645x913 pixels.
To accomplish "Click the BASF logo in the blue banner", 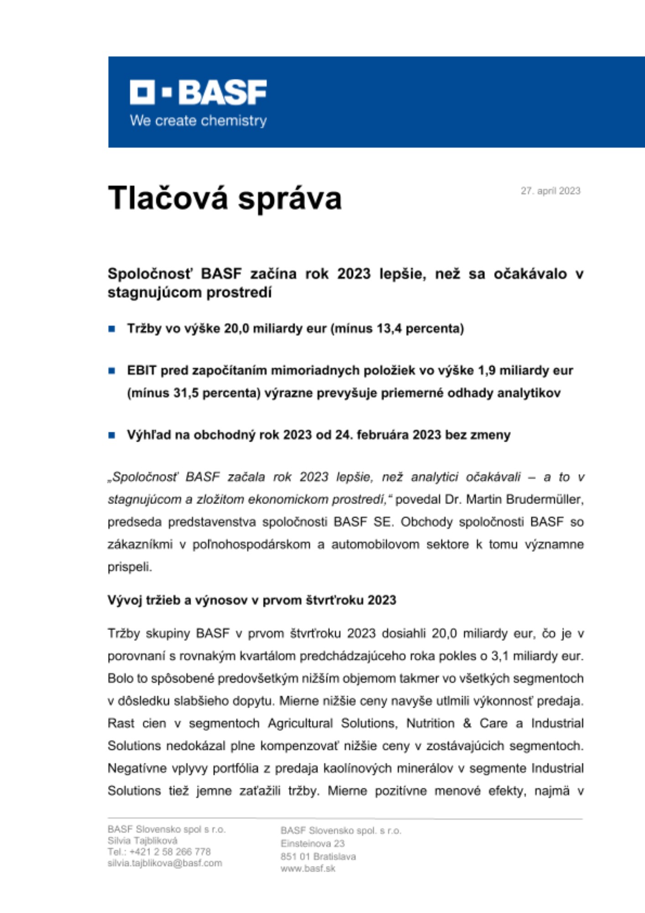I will coord(198,92).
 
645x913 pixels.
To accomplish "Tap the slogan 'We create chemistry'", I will coord(198,121).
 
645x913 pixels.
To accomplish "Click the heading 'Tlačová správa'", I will coord(224,198).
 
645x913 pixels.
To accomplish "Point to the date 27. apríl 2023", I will coord(550,191).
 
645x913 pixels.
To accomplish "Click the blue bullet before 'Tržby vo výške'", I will coord(112,329).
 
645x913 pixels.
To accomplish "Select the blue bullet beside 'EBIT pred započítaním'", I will coord(112,371).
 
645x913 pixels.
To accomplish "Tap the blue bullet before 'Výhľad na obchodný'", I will coord(112,435).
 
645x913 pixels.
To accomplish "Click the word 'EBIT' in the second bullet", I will coord(141,370).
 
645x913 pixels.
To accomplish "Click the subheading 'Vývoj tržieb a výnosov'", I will coord(251,600).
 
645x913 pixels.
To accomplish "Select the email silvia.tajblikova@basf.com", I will coord(165,863).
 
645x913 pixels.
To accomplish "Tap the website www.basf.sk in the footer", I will coord(308,868).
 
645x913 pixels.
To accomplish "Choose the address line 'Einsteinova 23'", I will coord(312,843).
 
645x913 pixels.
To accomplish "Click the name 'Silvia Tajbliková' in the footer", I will coord(142,840).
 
